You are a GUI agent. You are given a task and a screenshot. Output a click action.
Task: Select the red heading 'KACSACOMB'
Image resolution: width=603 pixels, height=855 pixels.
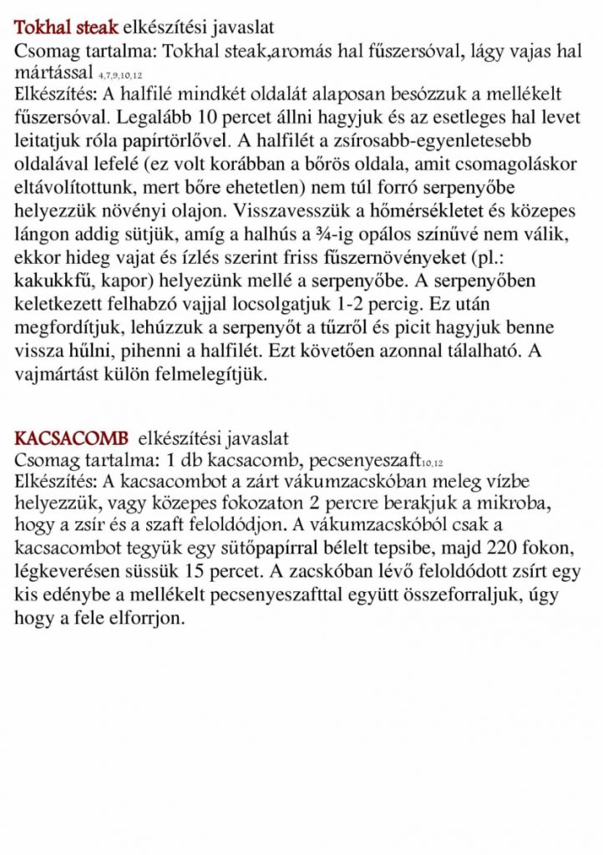tap(71, 438)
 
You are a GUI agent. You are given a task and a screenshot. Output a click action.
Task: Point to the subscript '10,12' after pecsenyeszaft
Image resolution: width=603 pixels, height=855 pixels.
tap(432, 463)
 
